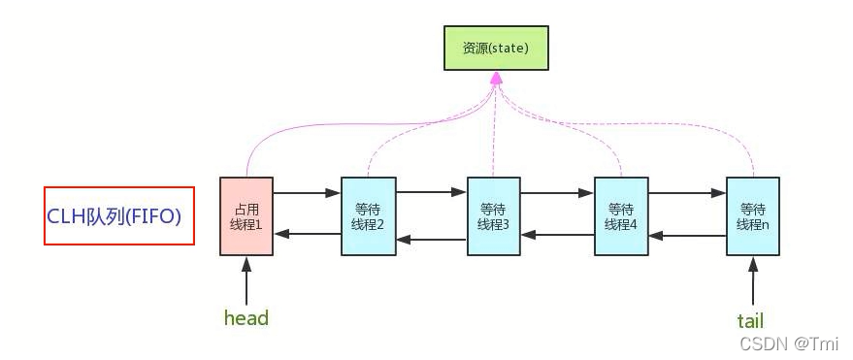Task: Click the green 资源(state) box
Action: click(x=496, y=48)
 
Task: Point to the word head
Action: click(x=246, y=318)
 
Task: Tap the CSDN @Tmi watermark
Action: click(x=790, y=344)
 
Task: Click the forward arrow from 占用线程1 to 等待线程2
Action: click(x=307, y=193)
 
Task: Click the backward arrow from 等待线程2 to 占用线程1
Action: click(x=307, y=234)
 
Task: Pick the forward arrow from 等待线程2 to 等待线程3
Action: click(x=432, y=193)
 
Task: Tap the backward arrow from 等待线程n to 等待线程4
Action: click(x=687, y=234)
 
